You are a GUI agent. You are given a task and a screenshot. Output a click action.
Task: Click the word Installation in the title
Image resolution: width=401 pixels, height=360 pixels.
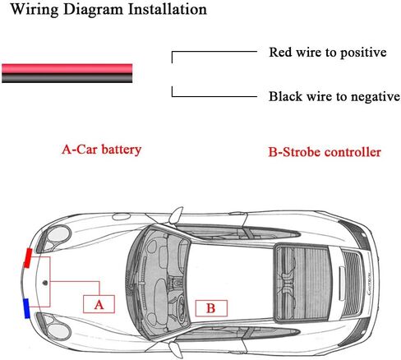click(x=168, y=9)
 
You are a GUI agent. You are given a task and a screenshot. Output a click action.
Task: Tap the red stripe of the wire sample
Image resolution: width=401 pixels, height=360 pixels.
click(x=67, y=68)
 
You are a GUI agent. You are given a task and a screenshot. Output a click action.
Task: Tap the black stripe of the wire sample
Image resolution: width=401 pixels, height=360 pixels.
click(x=67, y=78)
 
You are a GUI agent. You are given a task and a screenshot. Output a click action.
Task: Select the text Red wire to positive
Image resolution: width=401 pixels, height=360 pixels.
click(x=328, y=53)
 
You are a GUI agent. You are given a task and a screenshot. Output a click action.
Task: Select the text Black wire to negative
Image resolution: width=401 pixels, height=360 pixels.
click(x=334, y=96)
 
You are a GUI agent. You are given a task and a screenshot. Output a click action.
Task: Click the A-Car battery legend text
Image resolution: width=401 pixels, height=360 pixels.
click(x=101, y=150)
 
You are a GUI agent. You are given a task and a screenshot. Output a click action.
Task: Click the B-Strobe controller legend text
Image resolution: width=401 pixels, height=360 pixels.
click(x=325, y=152)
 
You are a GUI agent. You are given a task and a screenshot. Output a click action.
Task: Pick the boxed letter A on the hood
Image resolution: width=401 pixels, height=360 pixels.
click(x=99, y=304)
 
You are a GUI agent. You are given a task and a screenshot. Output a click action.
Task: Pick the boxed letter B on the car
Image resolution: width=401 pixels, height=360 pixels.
click(x=211, y=308)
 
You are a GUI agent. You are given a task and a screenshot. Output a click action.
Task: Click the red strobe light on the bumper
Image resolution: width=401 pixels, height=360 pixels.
click(x=28, y=258)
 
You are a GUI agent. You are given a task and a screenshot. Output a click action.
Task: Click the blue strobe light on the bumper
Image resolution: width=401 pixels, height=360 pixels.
click(x=26, y=308)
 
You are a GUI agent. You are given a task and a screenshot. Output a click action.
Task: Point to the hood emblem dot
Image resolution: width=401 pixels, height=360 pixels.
click(x=45, y=283)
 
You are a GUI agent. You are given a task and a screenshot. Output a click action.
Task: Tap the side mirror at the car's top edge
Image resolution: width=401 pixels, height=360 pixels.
click(x=176, y=215)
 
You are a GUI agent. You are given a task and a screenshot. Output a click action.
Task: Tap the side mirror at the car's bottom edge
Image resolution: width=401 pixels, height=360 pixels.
click(x=176, y=350)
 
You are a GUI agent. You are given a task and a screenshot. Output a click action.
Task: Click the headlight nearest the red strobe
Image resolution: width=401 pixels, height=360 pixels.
click(x=56, y=237)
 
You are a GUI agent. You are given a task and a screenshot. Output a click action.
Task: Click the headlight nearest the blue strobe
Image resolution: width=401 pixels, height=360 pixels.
click(x=56, y=327)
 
